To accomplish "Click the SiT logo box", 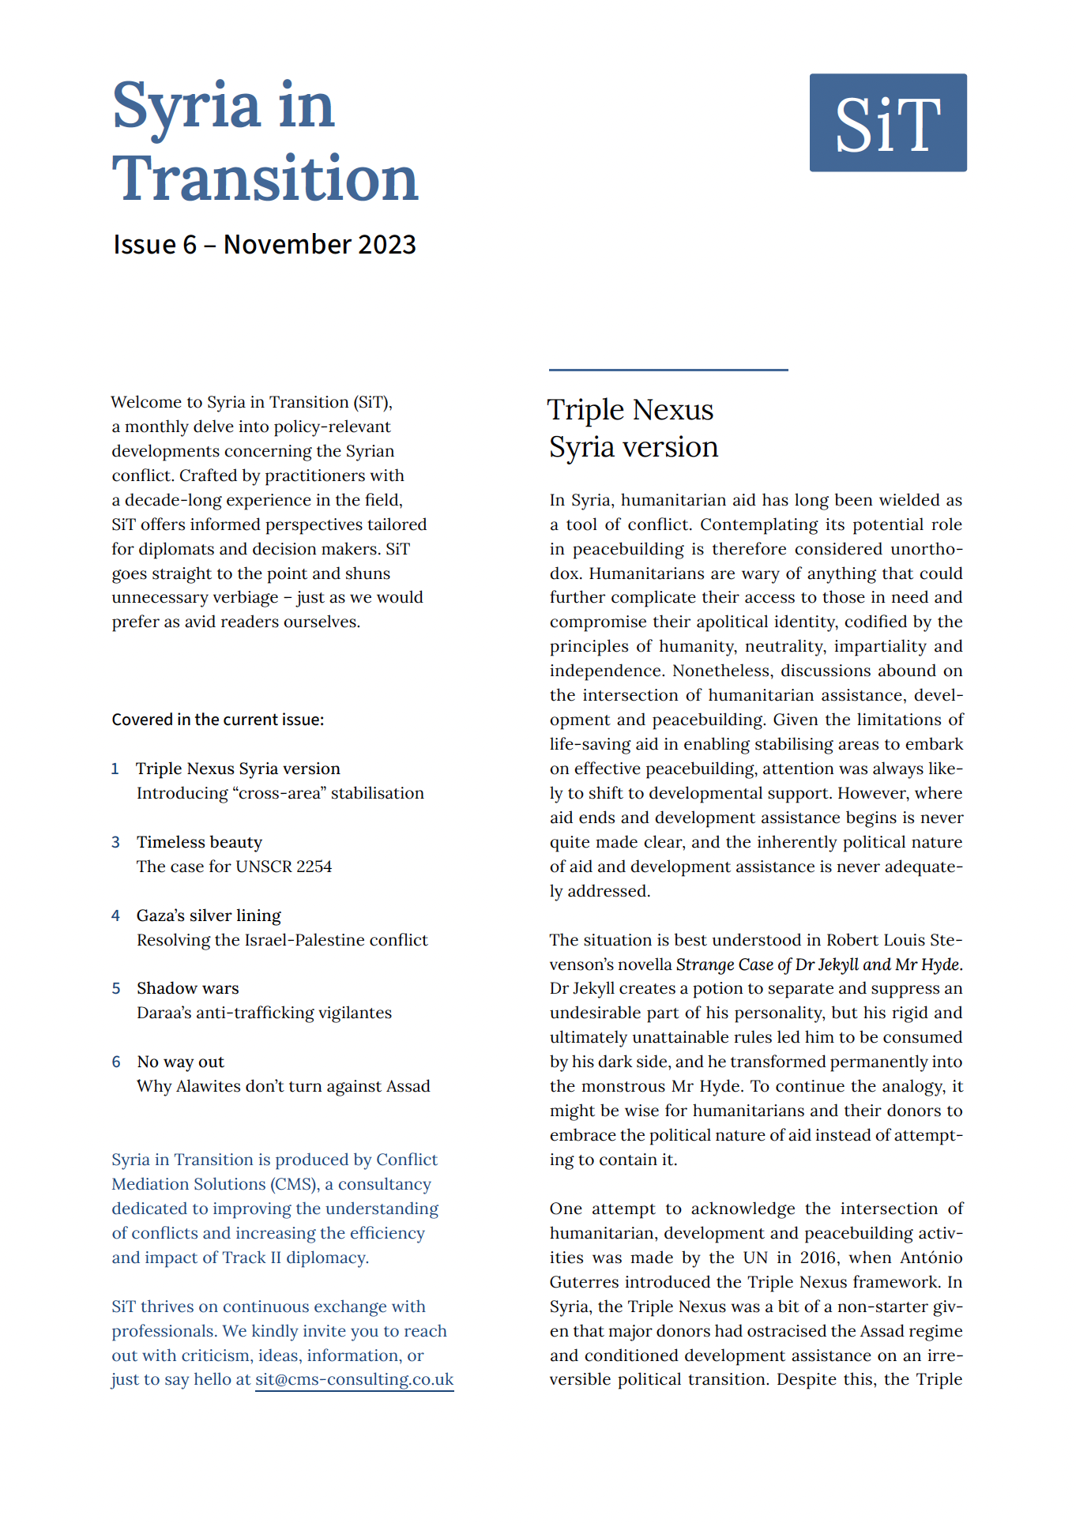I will point(887,122).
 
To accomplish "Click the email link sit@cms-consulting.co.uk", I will point(354,1379).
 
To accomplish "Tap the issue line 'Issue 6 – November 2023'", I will point(265,245).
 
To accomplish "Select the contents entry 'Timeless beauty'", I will point(199,842).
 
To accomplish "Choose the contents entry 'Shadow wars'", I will point(187,988).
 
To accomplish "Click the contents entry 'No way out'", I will point(180,1062).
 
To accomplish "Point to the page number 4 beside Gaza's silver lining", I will point(116,916).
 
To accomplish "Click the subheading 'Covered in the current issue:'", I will point(218,720).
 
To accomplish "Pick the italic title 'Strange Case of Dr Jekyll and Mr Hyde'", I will point(818,965).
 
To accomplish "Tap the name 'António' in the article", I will point(931,1258).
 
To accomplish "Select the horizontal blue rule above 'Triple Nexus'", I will point(668,370).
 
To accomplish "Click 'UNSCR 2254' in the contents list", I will point(284,867).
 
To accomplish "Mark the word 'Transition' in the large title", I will point(265,179).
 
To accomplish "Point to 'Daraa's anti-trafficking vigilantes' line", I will point(264,1013).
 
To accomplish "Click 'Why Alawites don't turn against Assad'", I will point(283,1086).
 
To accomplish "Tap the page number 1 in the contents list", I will point(115,769).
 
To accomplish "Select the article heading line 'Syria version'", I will point(634,447).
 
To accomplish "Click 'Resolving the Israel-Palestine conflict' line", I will point(282,940).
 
